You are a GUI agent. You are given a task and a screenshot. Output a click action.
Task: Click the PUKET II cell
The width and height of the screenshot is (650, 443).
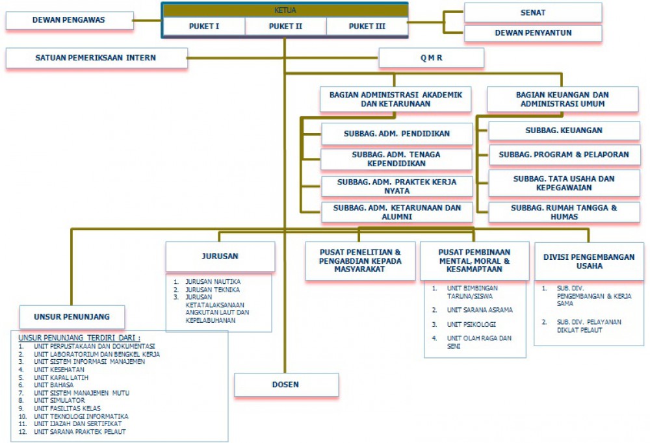[285, 26]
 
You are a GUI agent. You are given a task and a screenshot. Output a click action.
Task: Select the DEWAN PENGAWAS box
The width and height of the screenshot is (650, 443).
[69, 20]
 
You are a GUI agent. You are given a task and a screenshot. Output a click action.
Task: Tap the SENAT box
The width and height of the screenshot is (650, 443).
[532, 12]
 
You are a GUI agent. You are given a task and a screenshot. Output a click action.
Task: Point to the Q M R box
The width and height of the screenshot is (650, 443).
[431, 58]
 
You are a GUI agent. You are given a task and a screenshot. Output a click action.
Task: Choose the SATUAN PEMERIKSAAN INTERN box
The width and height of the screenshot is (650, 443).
[96, 58]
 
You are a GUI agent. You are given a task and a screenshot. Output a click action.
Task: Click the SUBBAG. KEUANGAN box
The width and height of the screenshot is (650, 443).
[564, 131]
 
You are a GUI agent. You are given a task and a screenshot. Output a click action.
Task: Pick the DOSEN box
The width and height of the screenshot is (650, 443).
[286, 385]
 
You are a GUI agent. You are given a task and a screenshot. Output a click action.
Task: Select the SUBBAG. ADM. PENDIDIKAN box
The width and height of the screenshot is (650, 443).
[396, 134]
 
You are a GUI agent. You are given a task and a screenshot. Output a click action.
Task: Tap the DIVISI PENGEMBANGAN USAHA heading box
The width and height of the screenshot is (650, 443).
[588, 261]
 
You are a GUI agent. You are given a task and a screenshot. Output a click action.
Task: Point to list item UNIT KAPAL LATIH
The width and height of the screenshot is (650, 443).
[61, 377]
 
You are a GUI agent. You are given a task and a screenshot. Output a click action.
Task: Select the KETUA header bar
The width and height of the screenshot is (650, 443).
[285, 10]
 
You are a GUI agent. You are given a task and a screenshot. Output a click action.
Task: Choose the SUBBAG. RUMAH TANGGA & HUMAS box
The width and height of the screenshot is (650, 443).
[564, 212]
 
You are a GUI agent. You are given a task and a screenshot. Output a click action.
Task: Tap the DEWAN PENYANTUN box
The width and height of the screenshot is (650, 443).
[532, 33]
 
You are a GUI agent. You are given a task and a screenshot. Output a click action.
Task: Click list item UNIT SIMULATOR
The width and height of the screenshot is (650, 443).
[61, 401]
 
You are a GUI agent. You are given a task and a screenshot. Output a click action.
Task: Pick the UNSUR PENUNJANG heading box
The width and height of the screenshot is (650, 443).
[71, 317]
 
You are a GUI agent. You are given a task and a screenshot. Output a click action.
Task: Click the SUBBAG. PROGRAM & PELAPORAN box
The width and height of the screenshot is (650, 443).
[564, 155]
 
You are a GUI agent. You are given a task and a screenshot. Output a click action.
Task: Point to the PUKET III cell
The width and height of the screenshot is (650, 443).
[367, 26]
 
